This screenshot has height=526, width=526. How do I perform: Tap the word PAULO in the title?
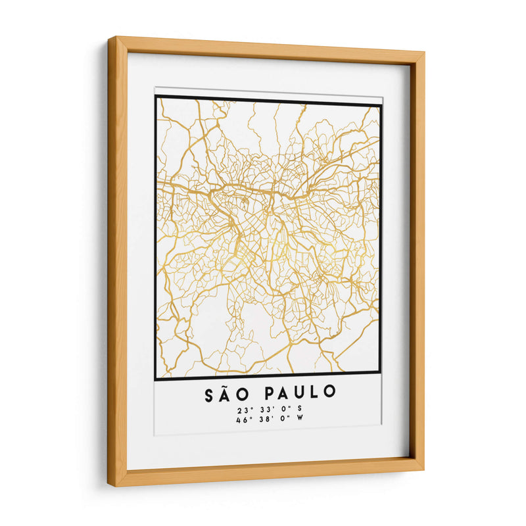point(300,394)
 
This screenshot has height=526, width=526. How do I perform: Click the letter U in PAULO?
point(300,394)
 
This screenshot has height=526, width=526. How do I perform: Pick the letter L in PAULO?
point(315,394)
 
